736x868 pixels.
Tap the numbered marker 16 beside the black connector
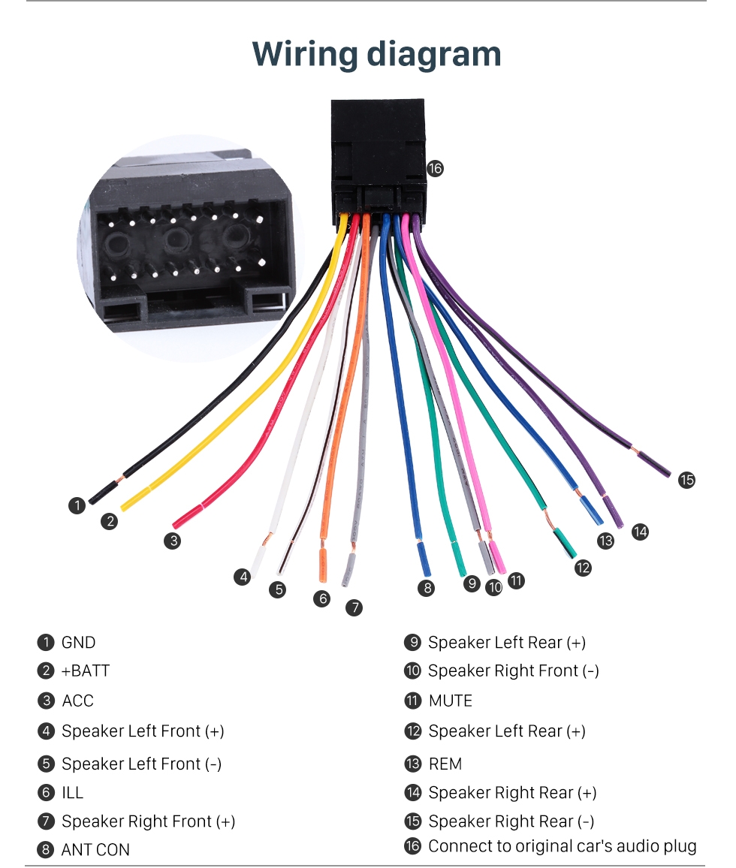[x=435, y=169]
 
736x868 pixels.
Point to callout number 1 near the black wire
[x=77, y=506]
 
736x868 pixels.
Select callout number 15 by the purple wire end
[x=686, y=480]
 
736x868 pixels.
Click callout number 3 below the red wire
[x=173, y=540]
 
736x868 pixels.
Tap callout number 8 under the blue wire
[x=427, y=588]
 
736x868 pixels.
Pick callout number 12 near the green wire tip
[x=583, y=568]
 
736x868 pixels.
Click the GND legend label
[x=78, y=643]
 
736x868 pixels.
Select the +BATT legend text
[x=85, y=671]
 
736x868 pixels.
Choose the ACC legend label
[x=77, y=701]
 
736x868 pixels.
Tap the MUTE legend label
[x=450, y=701]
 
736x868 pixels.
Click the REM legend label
[x=445, y=764]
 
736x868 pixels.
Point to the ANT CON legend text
[x=95, y=850]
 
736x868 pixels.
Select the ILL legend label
[x=72, y=793]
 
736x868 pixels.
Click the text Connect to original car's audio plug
[x=562, y=846]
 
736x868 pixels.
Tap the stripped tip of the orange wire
[x=323, y=566]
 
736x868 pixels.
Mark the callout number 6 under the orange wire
[x=322, y=598]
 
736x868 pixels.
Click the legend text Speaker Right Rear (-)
[x=511, y=821]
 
